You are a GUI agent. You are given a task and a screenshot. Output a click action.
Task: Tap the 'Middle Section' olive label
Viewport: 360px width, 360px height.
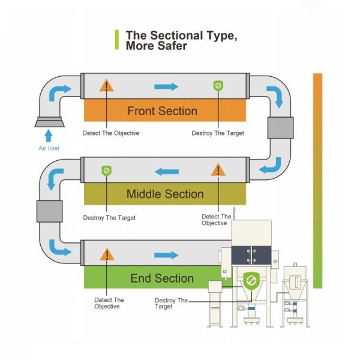[x=164, y=194]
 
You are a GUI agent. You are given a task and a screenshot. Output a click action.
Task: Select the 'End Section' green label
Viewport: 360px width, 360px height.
[x=162, y=278]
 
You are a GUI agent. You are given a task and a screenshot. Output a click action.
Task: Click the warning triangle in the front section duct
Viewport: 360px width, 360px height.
[x=107, y=85]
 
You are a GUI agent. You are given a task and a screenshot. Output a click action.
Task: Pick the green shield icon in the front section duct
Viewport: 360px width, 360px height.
[x=218, y=86]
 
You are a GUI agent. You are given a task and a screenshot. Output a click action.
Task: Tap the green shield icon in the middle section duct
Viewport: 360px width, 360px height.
[x=106, y=171]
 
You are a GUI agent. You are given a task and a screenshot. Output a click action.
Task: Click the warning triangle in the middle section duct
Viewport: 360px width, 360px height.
[x=218, y=170]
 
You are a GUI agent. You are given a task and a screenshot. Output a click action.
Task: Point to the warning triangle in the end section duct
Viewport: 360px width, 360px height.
[x=107, y=254]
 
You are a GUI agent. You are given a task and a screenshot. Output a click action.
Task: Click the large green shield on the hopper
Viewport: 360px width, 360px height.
[x=251, y=280]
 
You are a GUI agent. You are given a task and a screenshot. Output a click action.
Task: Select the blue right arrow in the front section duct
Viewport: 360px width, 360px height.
[x=166, y=87]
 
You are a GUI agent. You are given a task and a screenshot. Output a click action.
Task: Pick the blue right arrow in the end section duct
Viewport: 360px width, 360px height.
[x=166, y=255]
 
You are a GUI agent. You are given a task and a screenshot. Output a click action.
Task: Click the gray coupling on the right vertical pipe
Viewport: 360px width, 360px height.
[x=280, y=128]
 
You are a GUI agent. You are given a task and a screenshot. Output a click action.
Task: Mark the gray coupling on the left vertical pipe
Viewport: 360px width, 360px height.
[x=49, y=211]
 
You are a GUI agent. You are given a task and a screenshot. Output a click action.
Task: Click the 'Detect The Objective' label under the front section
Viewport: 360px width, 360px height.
[x=110, y=133]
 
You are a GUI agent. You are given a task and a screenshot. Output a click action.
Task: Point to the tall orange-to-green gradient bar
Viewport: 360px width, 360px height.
[x=317, y=180]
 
